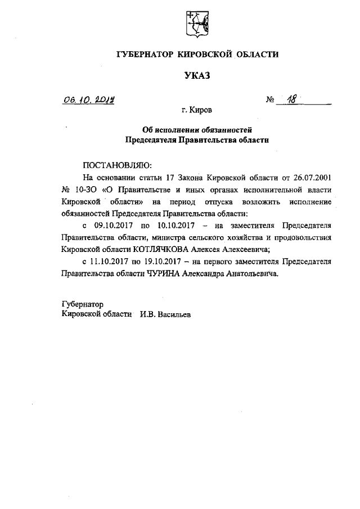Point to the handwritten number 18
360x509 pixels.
pyautogui.click(x=291, y=100)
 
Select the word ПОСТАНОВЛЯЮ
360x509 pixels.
pyautogui.click(x=118, y=165)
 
